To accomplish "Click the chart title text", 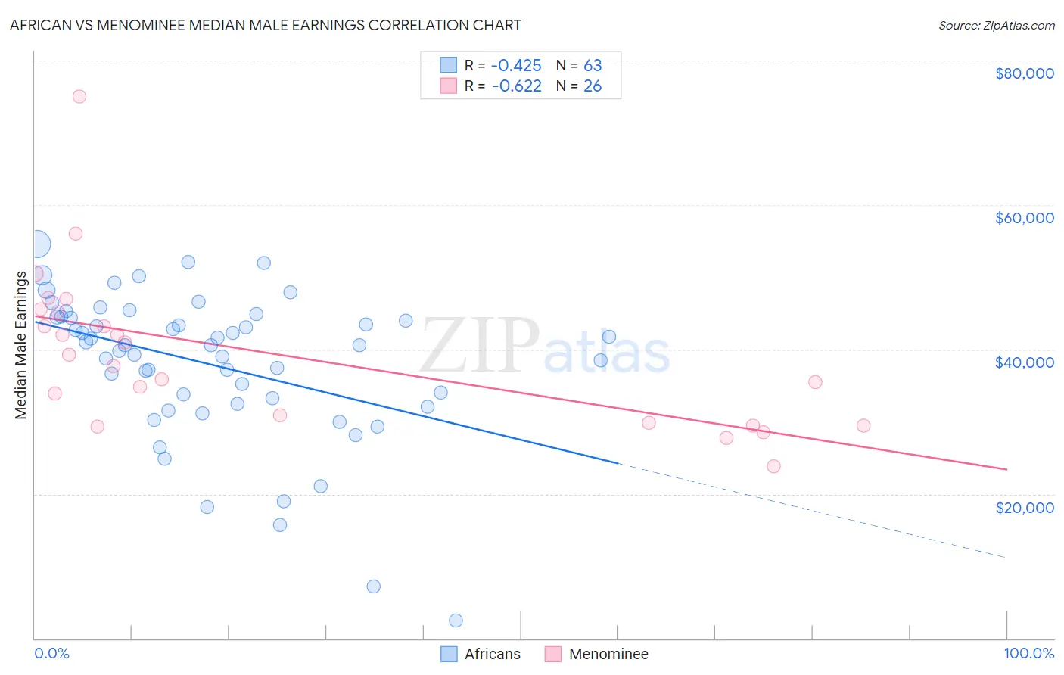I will coord(265,25).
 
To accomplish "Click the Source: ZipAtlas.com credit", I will coord(996,25).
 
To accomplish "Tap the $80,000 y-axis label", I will coord(1024,73).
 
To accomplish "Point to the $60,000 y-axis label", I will coord(1024,218).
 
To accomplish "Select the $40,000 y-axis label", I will coord(1024,362).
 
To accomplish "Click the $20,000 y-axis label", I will coord(1024,507).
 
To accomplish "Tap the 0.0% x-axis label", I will coord(51,653).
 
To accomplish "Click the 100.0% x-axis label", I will coord(1028,653).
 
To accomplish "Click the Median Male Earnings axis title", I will coord(21,344).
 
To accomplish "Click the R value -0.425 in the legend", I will coord(516,66).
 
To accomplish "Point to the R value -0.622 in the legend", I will coord(516,86).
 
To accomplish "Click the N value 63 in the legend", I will coord(593,66).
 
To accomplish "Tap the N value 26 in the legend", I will coord(593,86).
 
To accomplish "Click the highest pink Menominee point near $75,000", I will coord(79,96).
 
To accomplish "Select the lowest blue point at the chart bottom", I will coord(456,621).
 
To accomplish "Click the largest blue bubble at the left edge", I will coord(36,244).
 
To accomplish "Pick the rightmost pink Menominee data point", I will coord(863,425).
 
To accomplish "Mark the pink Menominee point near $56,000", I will coord(76,233).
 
